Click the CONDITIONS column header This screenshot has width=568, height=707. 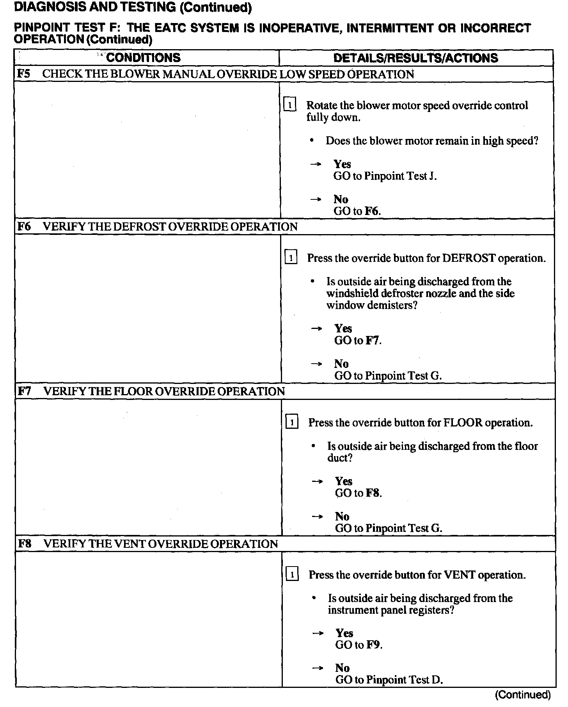(143, 58)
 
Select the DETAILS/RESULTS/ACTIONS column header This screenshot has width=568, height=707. (415, 58)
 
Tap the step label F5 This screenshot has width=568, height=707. (24, 74)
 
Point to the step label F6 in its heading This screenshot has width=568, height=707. (24, 226)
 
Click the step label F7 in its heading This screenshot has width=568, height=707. (25, 391)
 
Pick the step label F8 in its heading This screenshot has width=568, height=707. (25, 544)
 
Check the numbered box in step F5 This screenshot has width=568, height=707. (290, 105)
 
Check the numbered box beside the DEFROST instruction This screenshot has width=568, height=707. (291, 258)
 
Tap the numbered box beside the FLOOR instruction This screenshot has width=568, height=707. (292, 422)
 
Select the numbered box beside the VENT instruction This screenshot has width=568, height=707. (292, 574)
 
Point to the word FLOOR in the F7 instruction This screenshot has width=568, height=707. (463, 423)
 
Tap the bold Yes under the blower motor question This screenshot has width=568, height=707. (342, 164)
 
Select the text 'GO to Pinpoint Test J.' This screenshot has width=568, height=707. (385, 176)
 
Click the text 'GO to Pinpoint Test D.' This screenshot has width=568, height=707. (389, 680)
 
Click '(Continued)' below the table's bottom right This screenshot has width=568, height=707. (523, 695)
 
